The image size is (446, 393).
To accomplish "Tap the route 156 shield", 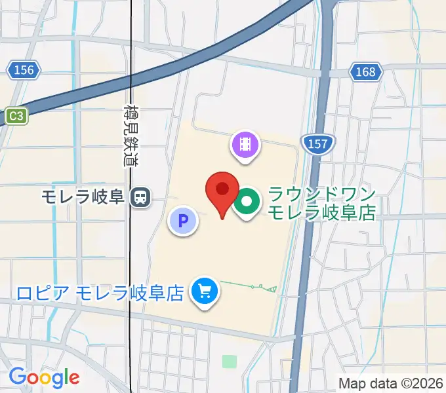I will click(x=24, y=69).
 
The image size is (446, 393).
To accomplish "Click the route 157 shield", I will click(x=317, y=144).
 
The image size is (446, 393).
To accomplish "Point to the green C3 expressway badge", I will click(x=16, y=116).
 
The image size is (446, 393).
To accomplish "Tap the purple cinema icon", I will click(x=245, y=143).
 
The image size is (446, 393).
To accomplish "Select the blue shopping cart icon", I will click(x=205, y=291).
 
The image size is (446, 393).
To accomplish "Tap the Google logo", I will click(x=44, y=377).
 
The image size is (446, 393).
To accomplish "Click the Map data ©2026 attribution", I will click(x=391, y=383).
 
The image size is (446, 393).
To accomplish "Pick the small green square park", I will click(x=228, y=361).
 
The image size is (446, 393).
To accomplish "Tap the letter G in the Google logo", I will click(x=17, y=377).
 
